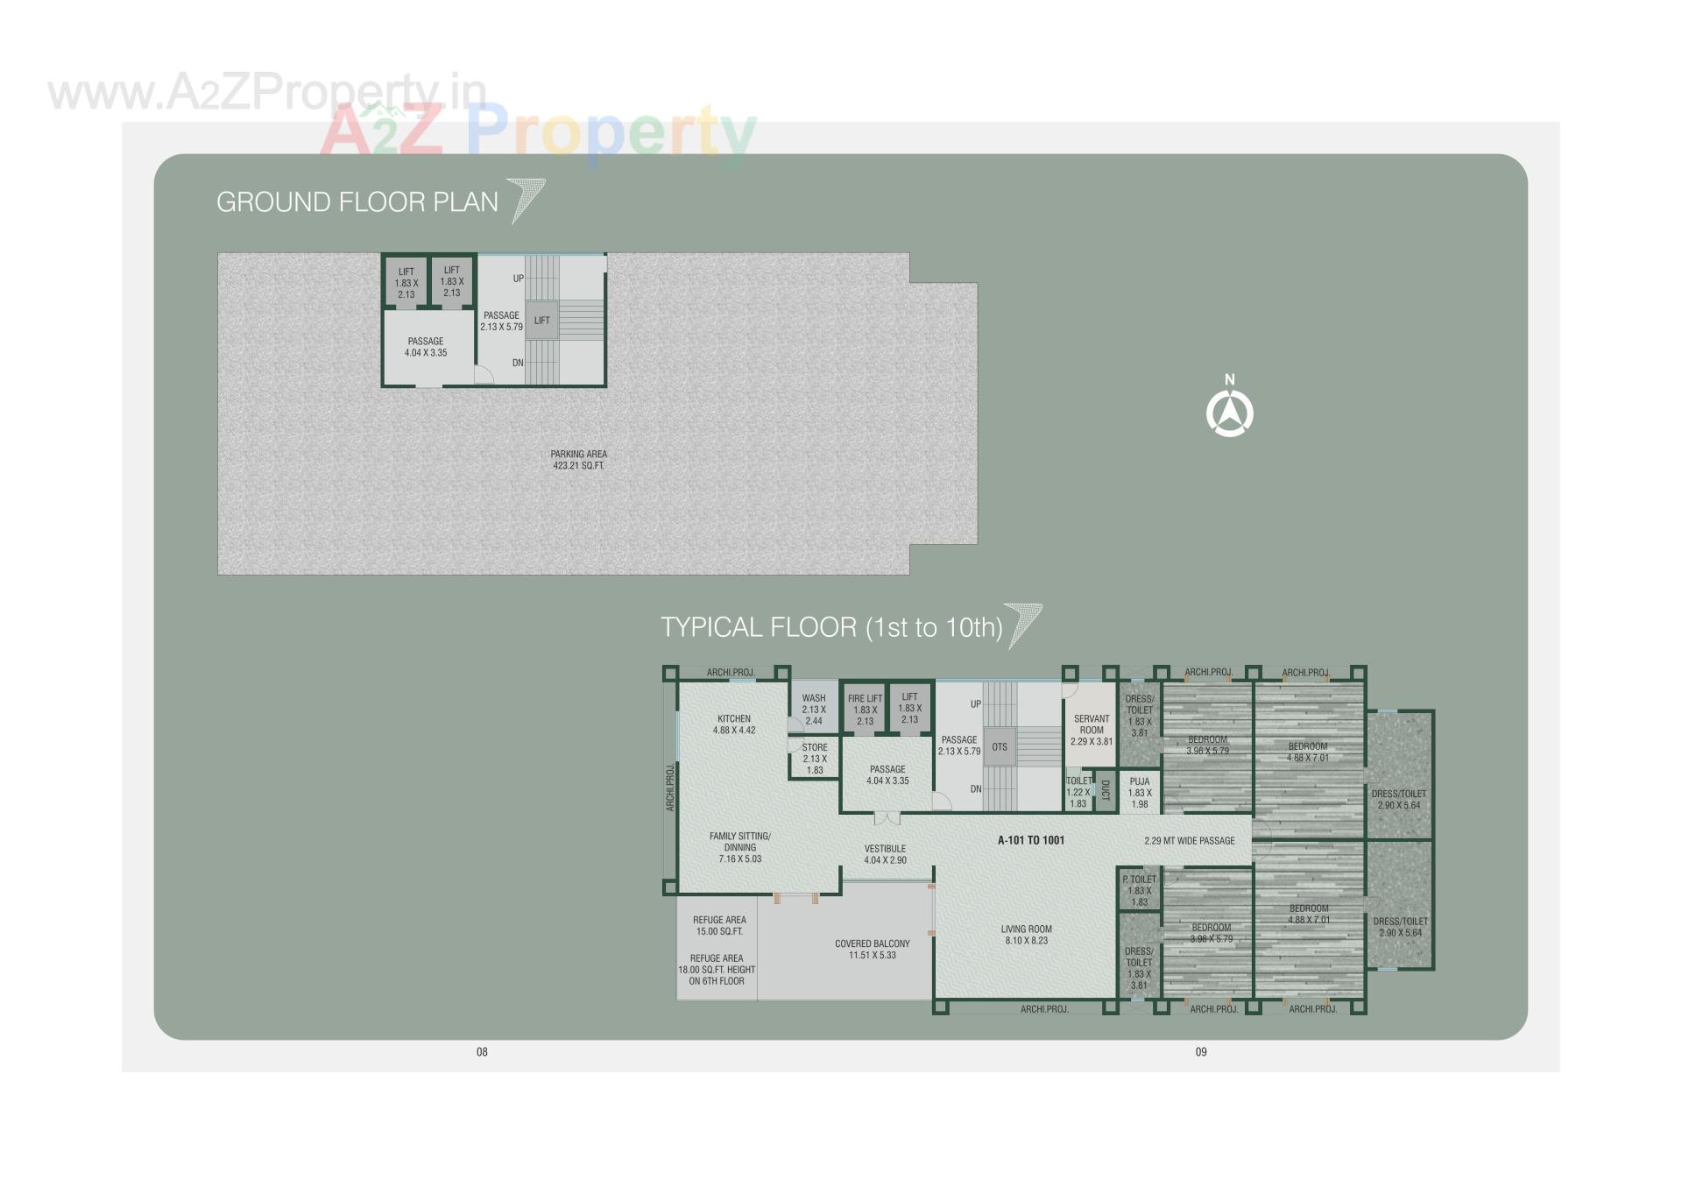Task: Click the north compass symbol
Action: pyautogui.click(x=1229, y=413)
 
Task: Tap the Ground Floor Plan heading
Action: pyautogui.click(x=357, y=202)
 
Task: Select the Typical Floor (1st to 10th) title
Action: pyautogui.click(x=831, y=627)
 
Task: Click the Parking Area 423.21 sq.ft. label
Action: pyautogui.click(x=578, y=460)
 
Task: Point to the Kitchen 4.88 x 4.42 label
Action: pyautogui.click(x=734, y=724)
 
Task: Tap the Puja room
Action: pyautogui.click(x=1139, y=793)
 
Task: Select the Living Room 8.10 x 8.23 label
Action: pyautogui.click(x=1027, y=935)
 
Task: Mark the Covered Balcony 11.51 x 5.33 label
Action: pyautogui.click(x=872, y=950)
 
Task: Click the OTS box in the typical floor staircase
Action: pyautogui.click(x=1000, y=747)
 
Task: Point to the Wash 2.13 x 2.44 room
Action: pyautogui.click(x=814, y=710)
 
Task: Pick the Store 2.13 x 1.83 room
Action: pyautogui.click(x=815, y=759)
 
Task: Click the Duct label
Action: pyautogui.click(x=1105, y=791)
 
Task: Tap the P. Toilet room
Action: pyautogui.click(x=1139, y=890)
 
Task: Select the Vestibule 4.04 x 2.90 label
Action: pyautogui.click(x=885, y=854)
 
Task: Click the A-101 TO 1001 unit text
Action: pyautogui.click(x=1031, y=840)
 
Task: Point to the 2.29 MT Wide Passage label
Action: pyautogui.click(x=1189, y=841)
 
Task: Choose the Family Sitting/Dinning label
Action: pyautogui.click(x=740, y=847)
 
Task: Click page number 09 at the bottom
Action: pyautogui.click(x=1201, y=1052)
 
